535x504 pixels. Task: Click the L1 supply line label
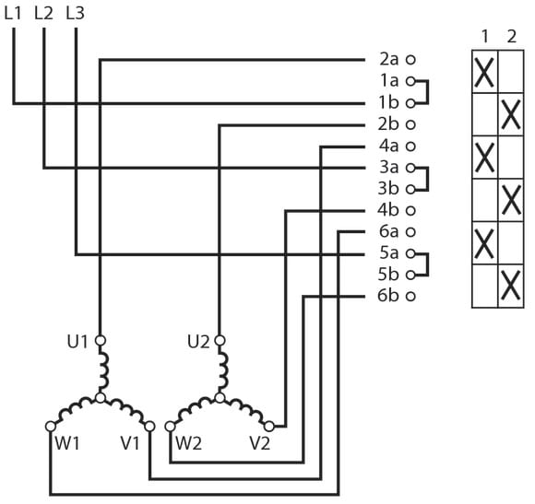pos(13,13)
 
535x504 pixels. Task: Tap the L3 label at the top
pos(75,13)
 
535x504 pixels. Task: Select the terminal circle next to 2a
pos(410,60)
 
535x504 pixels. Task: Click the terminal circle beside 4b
pos(410,211)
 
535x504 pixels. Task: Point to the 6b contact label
pos(388,296)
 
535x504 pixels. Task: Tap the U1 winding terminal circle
pos(100,340)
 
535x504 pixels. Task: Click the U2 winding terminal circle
pos(220,340)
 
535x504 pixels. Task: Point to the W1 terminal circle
pos(51,427)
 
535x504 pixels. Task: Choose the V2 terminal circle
pos(269,427)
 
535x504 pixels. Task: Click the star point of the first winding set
pos(100,398)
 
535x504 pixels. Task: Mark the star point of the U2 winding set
pos(220,398)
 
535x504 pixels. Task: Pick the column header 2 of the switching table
pos(511,37)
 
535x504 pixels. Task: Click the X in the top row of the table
pos(484,73)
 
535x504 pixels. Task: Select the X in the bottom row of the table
pos(511,286)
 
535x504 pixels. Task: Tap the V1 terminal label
pos(130,443)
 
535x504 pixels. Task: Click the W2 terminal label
pos(188,443)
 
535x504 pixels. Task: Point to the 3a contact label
pos(389,168)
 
